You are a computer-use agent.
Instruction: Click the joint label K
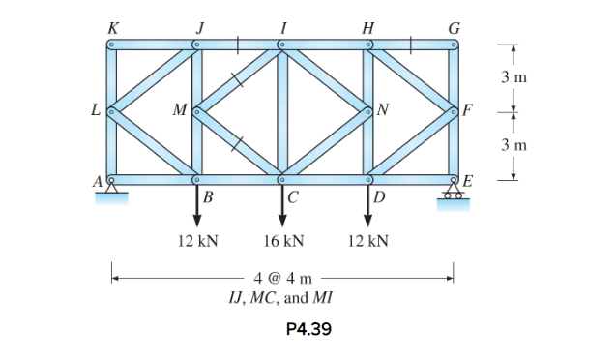click(x=112, y=27)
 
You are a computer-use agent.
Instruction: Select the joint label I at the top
click(x=281, y=27)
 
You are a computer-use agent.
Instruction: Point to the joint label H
click(x=367, y=27)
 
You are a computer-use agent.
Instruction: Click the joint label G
click(x=453, y=27)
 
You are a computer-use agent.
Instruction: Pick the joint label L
click(x=96, y=109)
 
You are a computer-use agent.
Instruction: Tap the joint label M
click(x=179, y=109)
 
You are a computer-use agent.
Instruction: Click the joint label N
click(x=384, y=109)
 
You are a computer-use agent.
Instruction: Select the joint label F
click(x=468, y=109)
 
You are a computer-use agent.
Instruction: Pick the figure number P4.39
click(x=309, y=329)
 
